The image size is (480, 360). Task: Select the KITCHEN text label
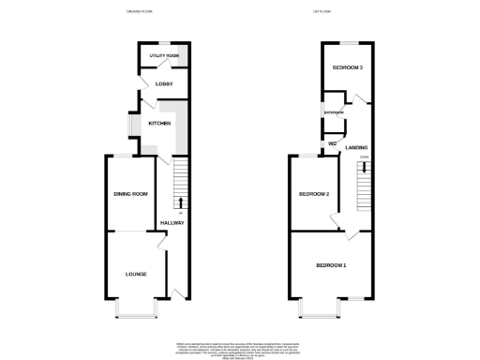[159, 123]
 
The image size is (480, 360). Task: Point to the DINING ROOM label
[131, 194]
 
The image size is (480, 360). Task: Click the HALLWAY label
[172, 221]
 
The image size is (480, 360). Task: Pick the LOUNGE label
[138, 274]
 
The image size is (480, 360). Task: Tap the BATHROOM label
[335, 112]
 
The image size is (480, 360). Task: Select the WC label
[332, 143]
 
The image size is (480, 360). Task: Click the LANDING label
[356, 147]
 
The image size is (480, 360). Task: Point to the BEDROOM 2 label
[314, 194]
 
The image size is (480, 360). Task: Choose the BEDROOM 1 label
[331, 266]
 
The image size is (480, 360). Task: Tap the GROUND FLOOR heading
[139, 10]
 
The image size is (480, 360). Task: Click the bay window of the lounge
[132, 308]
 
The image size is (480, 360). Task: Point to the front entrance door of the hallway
[178, 296]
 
